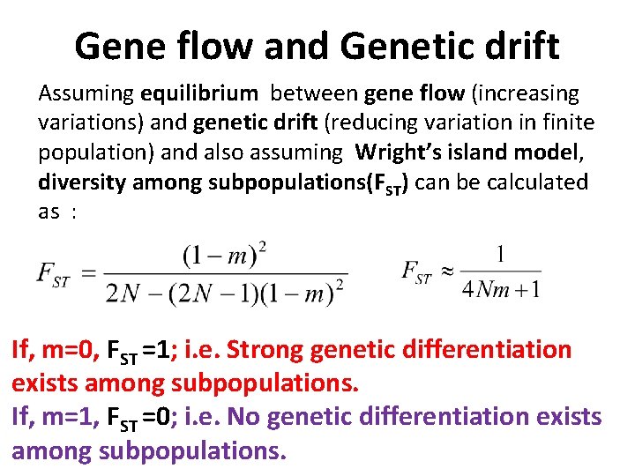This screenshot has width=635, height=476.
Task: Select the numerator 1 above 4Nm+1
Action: [x=501, y=255]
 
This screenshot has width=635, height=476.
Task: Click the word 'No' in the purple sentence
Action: [x=243, y=416]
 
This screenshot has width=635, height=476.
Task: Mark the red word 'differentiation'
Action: [x=486, y=350]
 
